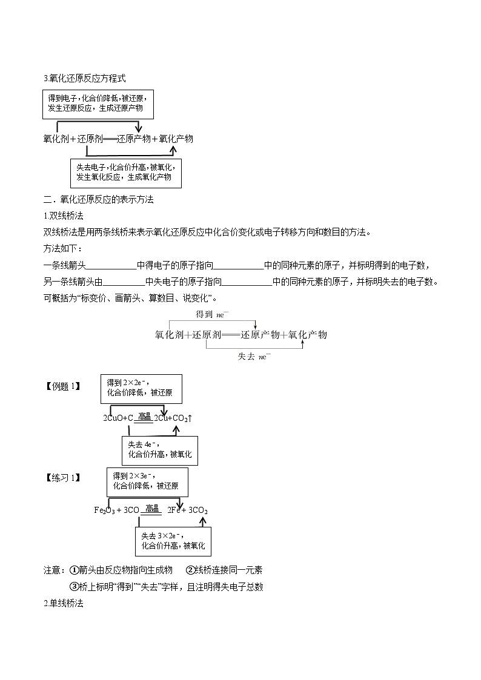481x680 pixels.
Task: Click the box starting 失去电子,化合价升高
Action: pos(126,173)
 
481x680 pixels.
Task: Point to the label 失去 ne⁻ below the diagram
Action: pos(254,357)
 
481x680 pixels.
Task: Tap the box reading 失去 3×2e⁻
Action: pos(173,541)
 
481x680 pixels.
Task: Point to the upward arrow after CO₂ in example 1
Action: pos(190,418)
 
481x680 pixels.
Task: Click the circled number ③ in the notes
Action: pos(75,587)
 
